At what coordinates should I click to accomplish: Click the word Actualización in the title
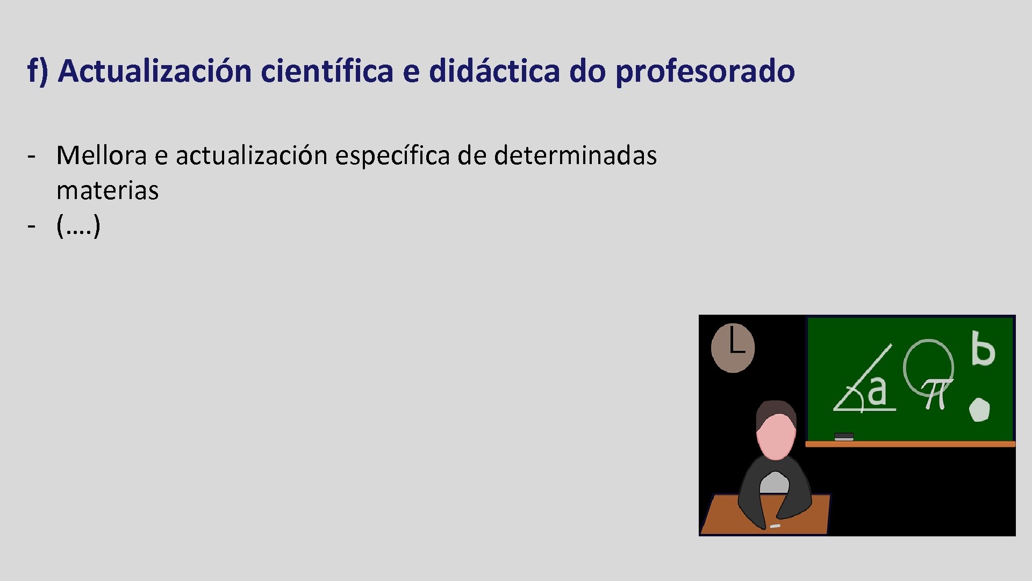(155, 71)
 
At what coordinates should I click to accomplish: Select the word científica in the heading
(327, 71)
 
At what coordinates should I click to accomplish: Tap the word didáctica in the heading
(494, 71)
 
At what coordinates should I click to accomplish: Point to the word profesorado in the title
(705, 71)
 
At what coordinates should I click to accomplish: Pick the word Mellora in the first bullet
(101, 155)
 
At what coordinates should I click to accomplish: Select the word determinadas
(575, 155)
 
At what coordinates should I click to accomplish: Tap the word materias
(107, 190)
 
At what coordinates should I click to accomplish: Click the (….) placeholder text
(78, 225)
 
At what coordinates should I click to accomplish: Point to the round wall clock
(733, 348)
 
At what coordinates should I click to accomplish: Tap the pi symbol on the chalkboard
(936, 393)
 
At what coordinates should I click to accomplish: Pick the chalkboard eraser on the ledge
(844, 436)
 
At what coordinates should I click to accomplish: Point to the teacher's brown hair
(775, 410)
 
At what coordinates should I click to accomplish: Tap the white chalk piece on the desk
(775, 526)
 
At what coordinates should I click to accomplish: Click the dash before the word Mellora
(32, 157)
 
